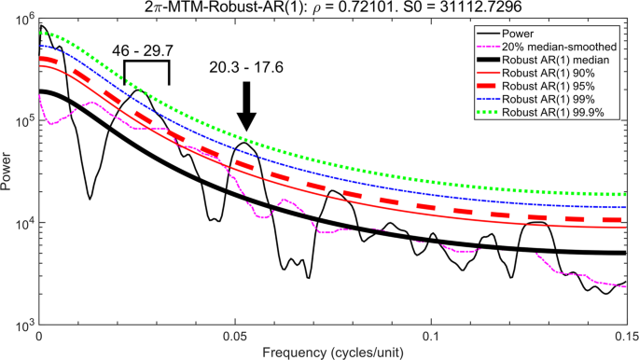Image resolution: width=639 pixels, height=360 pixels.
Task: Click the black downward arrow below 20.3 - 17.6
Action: pos(245,107)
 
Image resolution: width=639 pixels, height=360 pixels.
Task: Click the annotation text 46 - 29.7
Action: pos(146,48)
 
